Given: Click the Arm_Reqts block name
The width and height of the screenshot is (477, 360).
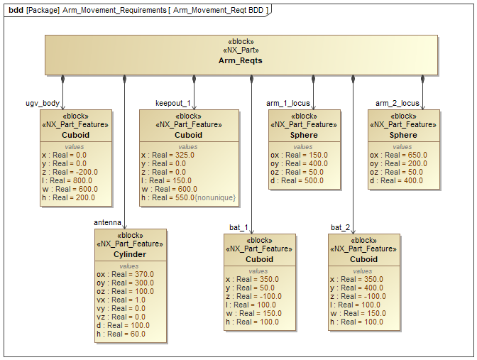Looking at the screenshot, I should [x=241, y=61].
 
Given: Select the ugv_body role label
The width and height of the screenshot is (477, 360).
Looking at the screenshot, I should [x=43, y=103].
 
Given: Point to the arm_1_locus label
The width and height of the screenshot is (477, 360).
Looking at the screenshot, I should [x=288, y=103].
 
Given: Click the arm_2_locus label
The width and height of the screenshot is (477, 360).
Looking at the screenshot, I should [x=397, y=103].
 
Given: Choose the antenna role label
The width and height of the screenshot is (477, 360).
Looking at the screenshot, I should [x=107, y=222].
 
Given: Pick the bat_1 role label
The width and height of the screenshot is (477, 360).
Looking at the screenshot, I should [x=238, y=227].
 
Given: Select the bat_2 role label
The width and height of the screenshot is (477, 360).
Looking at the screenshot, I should [x=341, y=227].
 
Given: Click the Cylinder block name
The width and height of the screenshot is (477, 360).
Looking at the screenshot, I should [x=130, y=254].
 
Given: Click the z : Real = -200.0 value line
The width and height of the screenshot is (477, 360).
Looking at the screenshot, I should [x=67, y=172].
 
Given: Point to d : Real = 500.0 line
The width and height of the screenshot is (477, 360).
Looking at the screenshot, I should [x=297, y=180].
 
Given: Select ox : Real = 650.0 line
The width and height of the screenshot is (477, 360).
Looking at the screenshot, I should [x=396, y=155].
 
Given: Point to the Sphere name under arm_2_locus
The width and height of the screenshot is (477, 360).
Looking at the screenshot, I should [x=403, y=135].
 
